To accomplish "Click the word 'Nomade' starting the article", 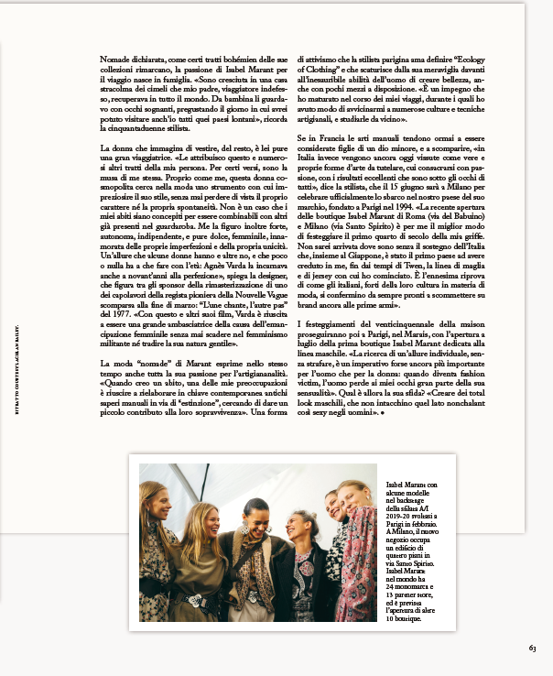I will (114, 59).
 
